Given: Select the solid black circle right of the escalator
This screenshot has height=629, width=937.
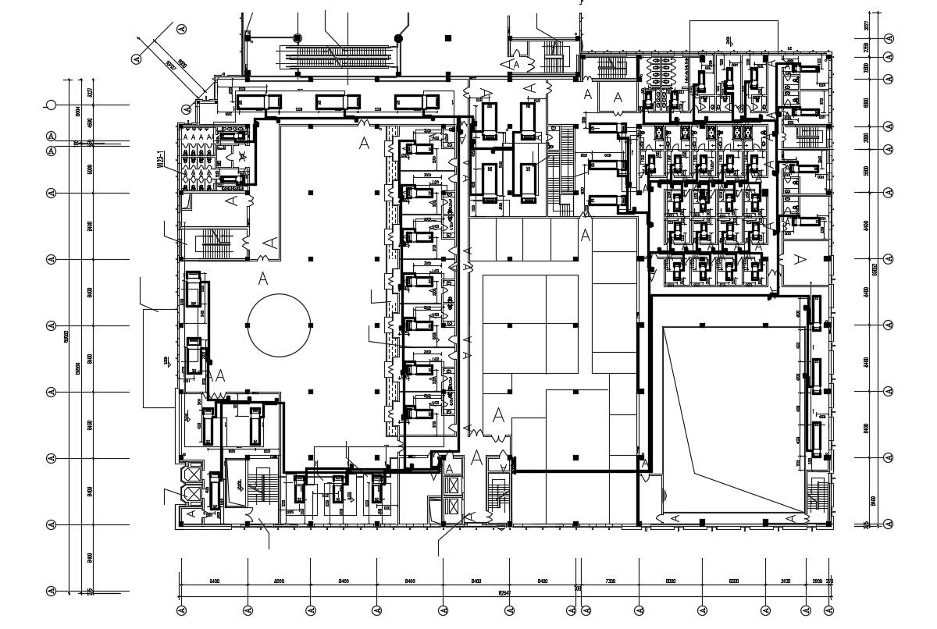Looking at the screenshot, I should coord(398,37).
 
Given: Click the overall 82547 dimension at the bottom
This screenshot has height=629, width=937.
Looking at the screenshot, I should coord(504,593).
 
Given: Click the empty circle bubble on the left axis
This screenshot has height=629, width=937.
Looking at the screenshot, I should coord(52,105).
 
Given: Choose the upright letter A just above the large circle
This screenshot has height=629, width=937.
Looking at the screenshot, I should coord(263,278).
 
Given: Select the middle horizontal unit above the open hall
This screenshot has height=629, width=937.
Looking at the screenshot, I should coord(339,102).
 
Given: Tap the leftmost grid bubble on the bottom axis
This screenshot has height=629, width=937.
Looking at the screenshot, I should coord(181,610).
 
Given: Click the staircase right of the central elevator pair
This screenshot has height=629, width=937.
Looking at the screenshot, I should coord(500,496).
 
